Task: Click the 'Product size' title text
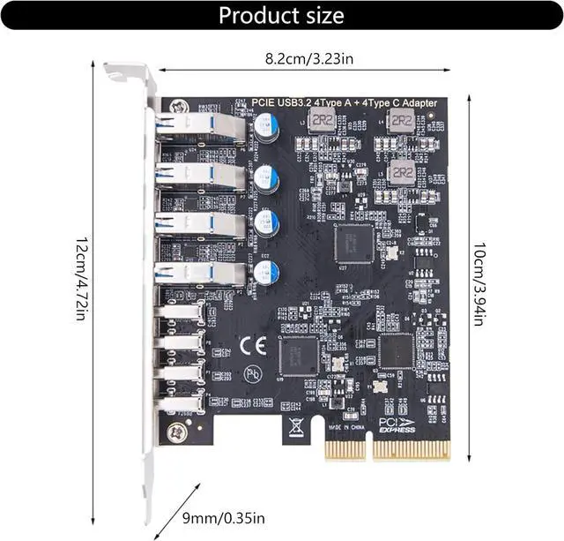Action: pos(281,16)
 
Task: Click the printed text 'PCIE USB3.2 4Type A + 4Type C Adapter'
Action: pos(345,103)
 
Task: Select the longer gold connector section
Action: pos(411,450)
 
